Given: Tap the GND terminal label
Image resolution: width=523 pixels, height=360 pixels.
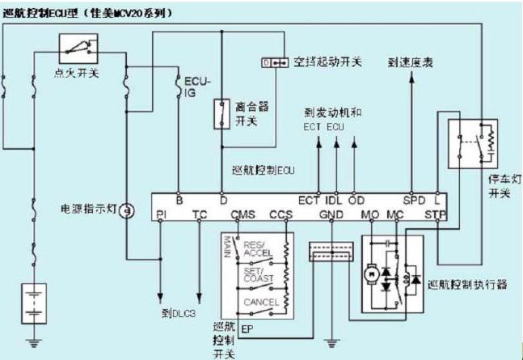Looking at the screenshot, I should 331,215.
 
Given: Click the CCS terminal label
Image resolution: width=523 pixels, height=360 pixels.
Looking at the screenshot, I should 280,215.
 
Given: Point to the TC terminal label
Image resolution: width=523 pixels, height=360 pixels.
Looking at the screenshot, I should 201,215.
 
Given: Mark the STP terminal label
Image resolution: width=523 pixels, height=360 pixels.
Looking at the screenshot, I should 435,215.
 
